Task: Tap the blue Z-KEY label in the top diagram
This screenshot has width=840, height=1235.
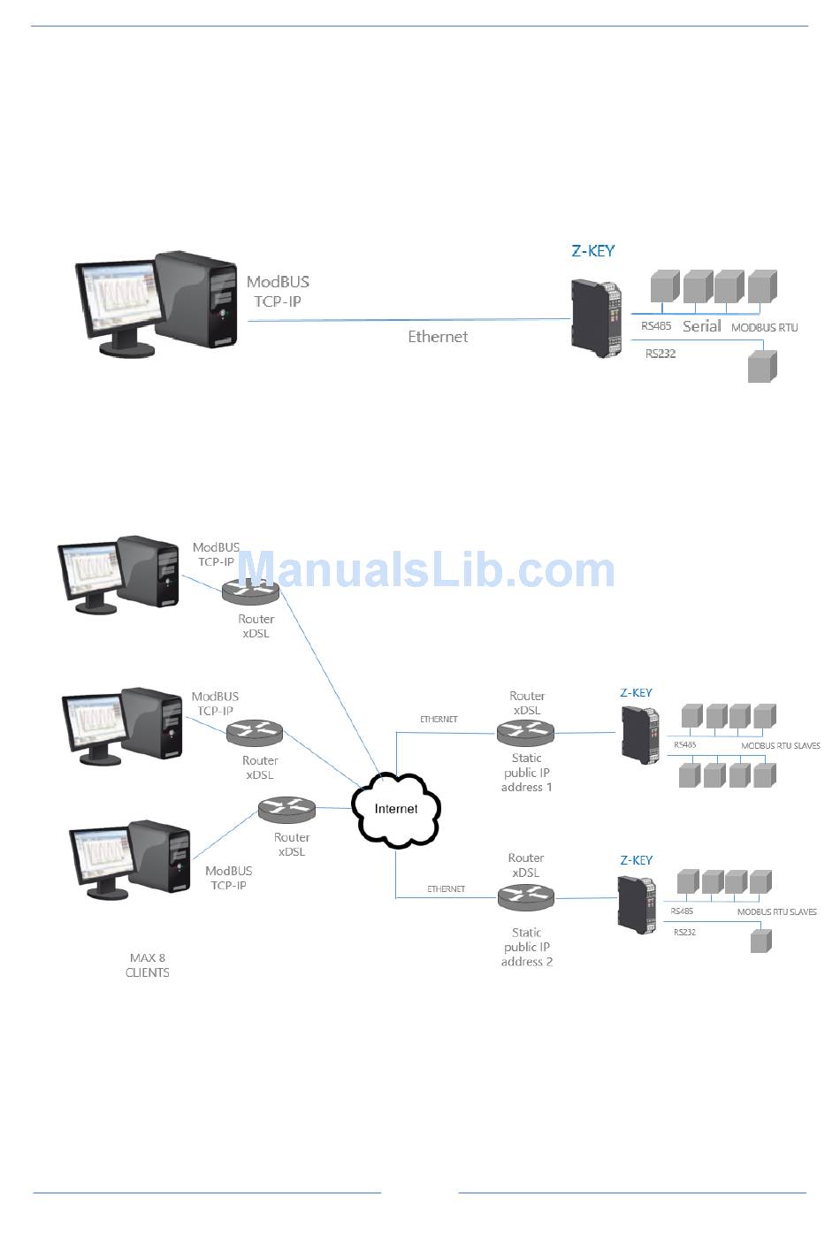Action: (x=592, y=251)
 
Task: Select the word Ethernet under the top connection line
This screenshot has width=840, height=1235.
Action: (x=438, y=337)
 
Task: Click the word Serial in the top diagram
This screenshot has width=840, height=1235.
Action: (x=702, y=326)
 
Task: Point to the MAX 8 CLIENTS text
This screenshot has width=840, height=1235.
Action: (x=148, y=965)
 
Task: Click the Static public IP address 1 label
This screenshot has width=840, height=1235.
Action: (x=527, y=773)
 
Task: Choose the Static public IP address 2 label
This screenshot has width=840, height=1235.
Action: (x=527, y=947)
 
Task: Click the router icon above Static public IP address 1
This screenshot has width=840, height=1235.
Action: (x=525, y=732)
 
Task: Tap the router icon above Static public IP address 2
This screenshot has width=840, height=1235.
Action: (x=525, y=898)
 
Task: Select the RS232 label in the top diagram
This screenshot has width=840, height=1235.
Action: (x=661, y=354)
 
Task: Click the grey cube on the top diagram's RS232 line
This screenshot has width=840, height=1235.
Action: (x=761, y=367)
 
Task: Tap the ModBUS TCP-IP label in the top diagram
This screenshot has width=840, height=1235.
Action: (x=278, y=292)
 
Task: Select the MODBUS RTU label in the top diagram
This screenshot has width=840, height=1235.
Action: (x=765, y=328)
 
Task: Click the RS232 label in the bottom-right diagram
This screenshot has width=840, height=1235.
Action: (x=685, y=933)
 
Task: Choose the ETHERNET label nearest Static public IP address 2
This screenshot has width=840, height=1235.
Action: (x=446, y=889)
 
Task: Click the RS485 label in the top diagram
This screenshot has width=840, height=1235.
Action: (x=656, y=326)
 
